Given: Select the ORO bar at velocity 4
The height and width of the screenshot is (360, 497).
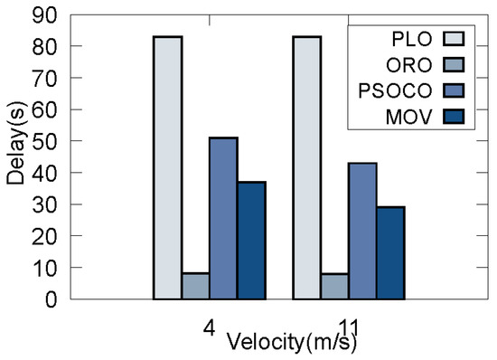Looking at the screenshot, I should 195,286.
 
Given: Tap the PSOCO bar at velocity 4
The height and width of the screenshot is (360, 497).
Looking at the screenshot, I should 223,218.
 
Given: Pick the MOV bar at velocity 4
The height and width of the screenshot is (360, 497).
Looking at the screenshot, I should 251,241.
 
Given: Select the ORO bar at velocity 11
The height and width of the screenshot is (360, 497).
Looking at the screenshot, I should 334,286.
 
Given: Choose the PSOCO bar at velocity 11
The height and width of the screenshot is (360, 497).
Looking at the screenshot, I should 362,231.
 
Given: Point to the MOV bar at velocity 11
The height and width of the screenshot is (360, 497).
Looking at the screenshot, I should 390,253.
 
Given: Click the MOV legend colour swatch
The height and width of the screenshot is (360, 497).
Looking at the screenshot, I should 455,117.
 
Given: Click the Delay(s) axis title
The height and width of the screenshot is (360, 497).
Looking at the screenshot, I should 15,156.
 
